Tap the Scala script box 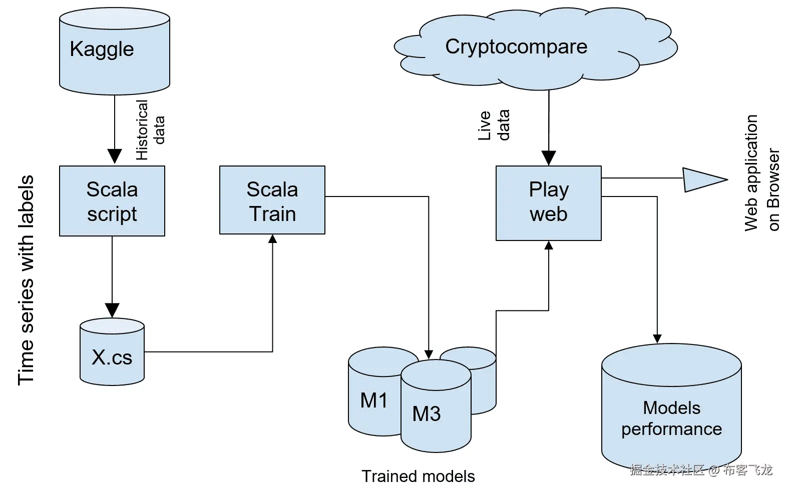tap(112, 201)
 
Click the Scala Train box tap(272, 200)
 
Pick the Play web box tap(548, 203)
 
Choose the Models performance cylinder tap(671, 410)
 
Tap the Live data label tap(494, 125)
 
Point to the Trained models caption tap(418, 476)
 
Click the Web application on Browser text tap(761, 172)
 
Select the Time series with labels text tap(26, 280)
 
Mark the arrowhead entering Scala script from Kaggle tap(115, 156)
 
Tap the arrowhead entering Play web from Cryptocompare tap(549, 158)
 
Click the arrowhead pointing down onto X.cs tap(112, 310)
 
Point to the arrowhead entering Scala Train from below tap(272, 239)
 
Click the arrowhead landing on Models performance tap(657, 338)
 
